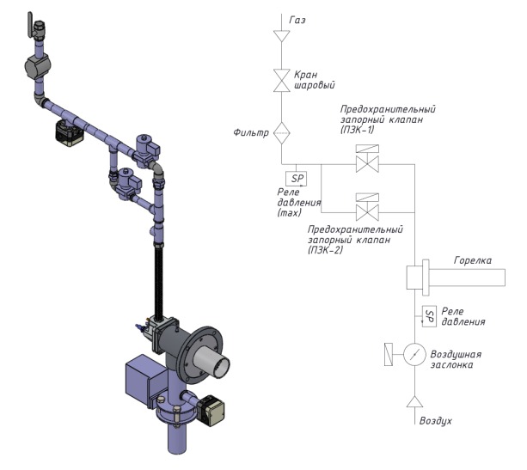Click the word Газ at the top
tap(297, 20)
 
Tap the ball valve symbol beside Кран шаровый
tap(281, 81)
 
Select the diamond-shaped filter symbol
tap(281, 133)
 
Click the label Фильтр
tap(251, 132)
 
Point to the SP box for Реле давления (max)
tap(296, 179)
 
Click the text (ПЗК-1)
tap(357, 130)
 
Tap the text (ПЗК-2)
tap(325, 250)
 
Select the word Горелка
tap(473, 260)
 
